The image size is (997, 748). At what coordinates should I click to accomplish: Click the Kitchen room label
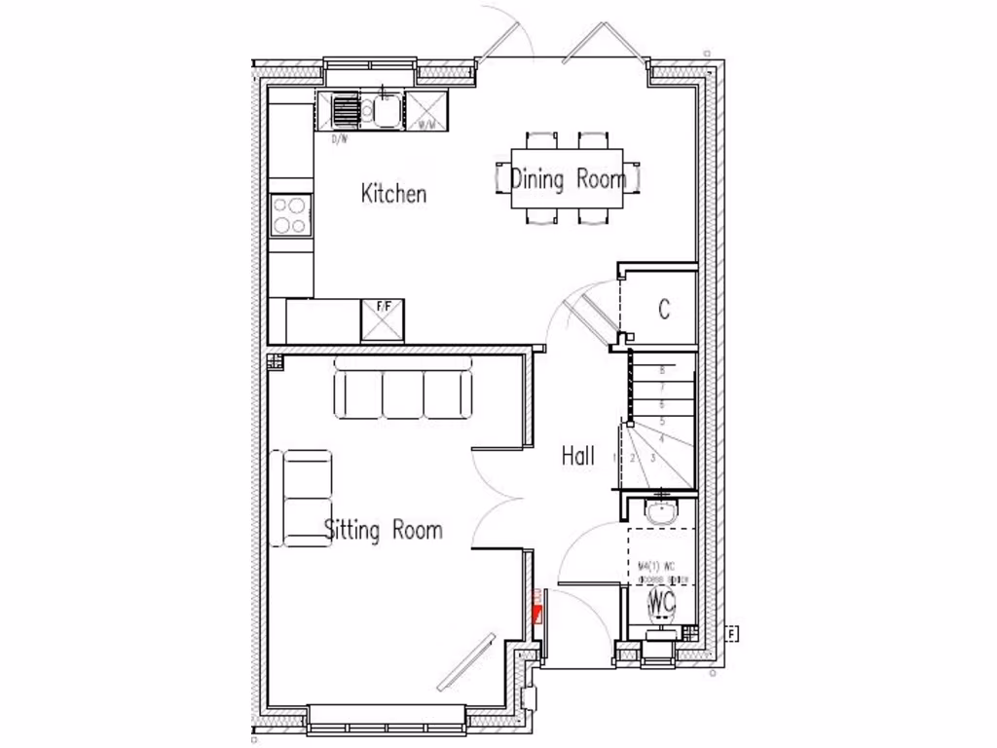393,193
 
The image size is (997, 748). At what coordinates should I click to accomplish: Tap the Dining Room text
568,179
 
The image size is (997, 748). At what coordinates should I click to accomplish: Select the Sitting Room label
383,530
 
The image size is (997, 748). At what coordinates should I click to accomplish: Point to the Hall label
577,455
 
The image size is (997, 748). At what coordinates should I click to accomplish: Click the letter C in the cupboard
664,310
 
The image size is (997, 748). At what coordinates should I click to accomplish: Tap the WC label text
662,600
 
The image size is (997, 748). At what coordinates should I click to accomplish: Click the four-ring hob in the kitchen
291,215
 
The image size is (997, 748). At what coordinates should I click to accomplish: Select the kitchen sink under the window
384,111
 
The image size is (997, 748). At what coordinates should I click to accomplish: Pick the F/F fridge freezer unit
383,319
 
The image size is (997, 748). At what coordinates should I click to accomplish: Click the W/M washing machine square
426,111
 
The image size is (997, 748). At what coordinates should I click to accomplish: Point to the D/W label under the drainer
339,139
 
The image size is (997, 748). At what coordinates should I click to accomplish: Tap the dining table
568,177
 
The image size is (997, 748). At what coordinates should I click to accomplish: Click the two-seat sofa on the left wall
306,497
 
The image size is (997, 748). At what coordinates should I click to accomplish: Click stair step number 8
662,370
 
